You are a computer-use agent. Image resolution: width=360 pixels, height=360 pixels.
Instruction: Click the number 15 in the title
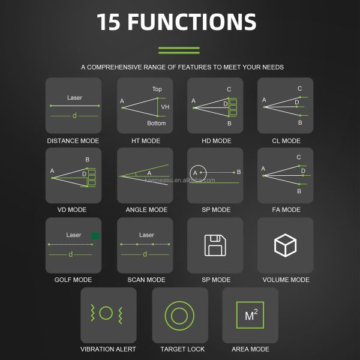[109, 22]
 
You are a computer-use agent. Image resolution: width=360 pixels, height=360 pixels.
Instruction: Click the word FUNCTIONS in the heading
[192, 22]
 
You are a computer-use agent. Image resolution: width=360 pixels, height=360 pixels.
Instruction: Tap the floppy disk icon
[215, 245]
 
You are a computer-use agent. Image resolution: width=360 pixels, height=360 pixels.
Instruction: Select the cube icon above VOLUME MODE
[285, 245]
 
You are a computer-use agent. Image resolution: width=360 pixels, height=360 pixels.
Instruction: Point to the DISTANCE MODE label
[73, 141]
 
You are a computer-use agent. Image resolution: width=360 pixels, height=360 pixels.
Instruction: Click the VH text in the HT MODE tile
[165, 107]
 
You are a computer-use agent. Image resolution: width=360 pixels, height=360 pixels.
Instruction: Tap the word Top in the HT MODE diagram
[157, 89]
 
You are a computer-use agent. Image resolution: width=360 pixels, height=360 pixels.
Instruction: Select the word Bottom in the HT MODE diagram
[157, 123]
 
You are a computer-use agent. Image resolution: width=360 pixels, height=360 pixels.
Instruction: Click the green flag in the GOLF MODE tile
[95, 236]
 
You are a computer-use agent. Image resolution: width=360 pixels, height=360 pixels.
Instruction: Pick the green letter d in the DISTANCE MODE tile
[74, 115]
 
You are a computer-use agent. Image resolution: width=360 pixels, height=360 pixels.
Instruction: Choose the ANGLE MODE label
[146, 209]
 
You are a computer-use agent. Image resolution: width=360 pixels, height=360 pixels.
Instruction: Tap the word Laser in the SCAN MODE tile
[146, 235]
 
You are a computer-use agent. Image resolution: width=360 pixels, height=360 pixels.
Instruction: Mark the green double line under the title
[179, 50]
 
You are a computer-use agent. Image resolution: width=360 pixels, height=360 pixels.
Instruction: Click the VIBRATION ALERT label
[108, 349]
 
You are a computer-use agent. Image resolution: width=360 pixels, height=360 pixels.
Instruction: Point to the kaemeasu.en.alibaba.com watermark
[180, 180]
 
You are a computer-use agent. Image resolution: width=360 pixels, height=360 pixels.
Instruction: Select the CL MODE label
[286, 141]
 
